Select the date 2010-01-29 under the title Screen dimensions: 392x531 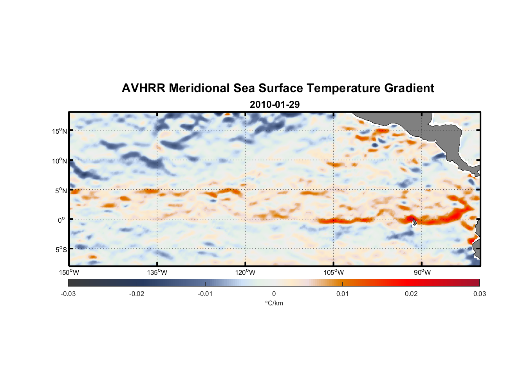pos(275,105)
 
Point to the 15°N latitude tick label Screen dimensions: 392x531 pos(60,131)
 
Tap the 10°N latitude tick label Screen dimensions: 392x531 pos(60,161)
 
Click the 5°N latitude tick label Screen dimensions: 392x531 pos(61,191)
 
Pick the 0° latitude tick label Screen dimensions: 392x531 pos(61,220)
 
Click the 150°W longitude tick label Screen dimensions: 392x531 pos(69,272)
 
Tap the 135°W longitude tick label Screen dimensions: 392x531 pos(157,272)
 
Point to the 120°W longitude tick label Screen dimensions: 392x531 pos(246,272)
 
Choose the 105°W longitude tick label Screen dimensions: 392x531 pos(334,272)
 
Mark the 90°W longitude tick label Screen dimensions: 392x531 pos(422,272)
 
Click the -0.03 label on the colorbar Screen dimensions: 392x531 pos(68,294)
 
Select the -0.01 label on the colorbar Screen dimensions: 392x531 pos(205,294)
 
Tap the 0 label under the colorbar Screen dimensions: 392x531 pos(274,294)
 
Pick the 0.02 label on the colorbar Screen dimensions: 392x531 pos(411,294)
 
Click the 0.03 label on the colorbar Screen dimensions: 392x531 pos(479,294)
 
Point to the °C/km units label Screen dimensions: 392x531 pos(274,303)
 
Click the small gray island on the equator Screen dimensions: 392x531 pos(415,222)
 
